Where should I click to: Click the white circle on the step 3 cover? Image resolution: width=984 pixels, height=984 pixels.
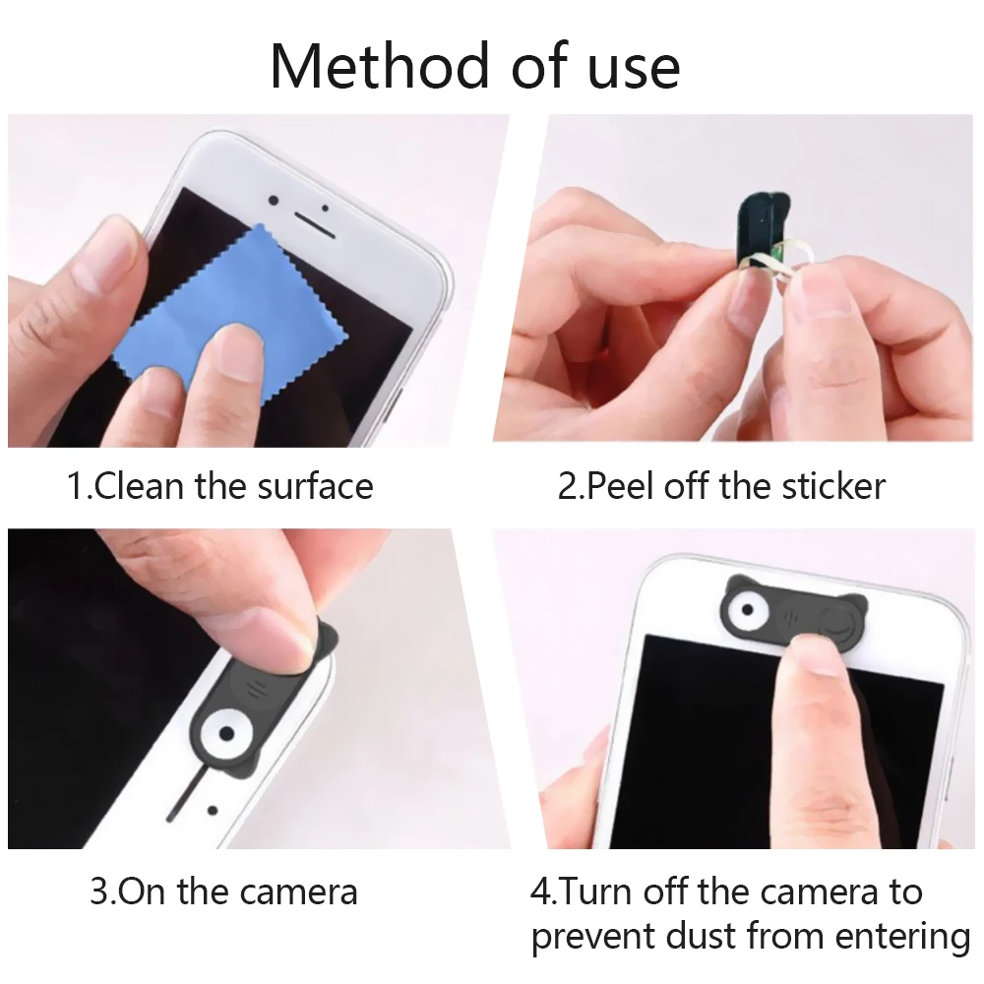coord(222,734)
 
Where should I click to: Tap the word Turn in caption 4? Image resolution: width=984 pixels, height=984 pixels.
coord(597,892)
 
